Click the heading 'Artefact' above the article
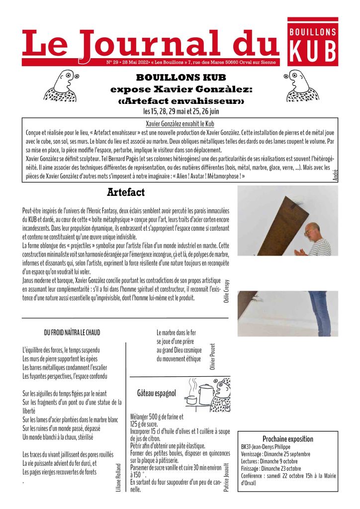coord(126,192)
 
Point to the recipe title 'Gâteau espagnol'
coord(157,394)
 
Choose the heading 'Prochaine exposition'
coord(288,439)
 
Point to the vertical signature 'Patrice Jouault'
coord(227,478)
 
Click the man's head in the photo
coord(312,231)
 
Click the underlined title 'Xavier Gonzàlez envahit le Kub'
coord(180,123)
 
